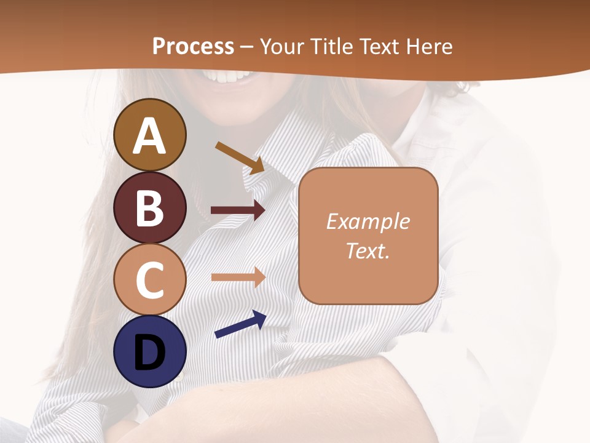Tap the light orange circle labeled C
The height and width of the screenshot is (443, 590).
pos(150,280)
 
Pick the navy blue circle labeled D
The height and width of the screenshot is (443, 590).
pos(150,351)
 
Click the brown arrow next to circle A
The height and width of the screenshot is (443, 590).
pos(240,157)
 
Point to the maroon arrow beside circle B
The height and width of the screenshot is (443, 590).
pos(238,210)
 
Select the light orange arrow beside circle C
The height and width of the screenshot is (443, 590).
pos(238,277)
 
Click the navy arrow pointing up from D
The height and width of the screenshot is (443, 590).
pos(240,325)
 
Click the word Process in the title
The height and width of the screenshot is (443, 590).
pos(193,46)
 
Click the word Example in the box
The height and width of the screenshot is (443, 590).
pos(368,221)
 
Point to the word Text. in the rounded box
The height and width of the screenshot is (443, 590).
pos(368,251)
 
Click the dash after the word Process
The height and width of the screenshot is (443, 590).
pos(247,47)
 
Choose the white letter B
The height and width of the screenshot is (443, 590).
pos(150,208)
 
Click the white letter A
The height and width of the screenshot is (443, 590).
pos(150,137)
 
